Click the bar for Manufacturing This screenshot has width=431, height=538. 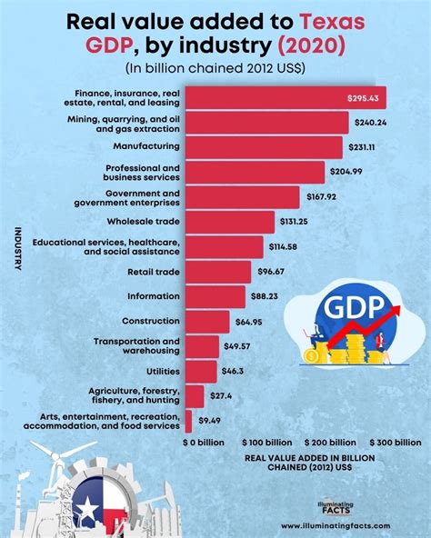point(265,145)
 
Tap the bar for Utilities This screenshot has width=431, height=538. point(201,371)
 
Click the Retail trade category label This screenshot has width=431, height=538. point(151,270)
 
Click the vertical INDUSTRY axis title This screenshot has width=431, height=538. point(17,248)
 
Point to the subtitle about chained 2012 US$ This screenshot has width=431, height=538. point(215,67)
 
